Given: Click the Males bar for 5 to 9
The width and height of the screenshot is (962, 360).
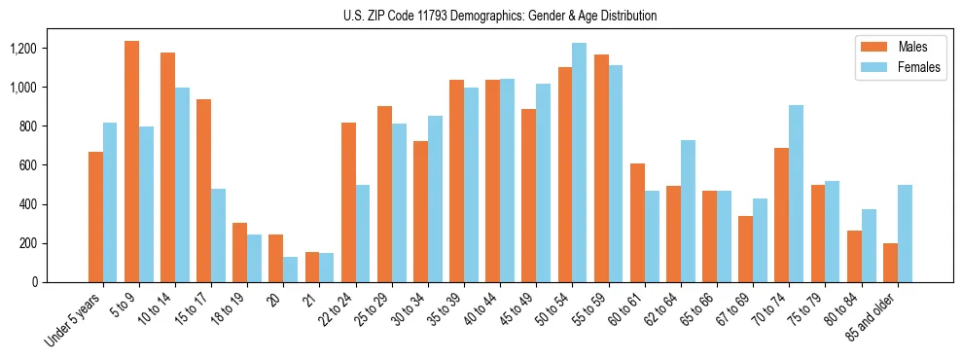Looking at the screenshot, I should click(131, 162).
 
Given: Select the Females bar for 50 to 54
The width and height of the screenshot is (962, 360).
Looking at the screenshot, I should click(580, 162).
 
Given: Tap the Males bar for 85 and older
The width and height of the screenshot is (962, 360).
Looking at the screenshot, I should click(890, 263).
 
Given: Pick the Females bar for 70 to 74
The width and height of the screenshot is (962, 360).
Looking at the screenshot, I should click(796, 194).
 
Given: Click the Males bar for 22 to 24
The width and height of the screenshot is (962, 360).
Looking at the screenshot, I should click(348, 202).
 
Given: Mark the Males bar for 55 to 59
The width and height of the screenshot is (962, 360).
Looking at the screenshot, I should click(601, 168).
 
